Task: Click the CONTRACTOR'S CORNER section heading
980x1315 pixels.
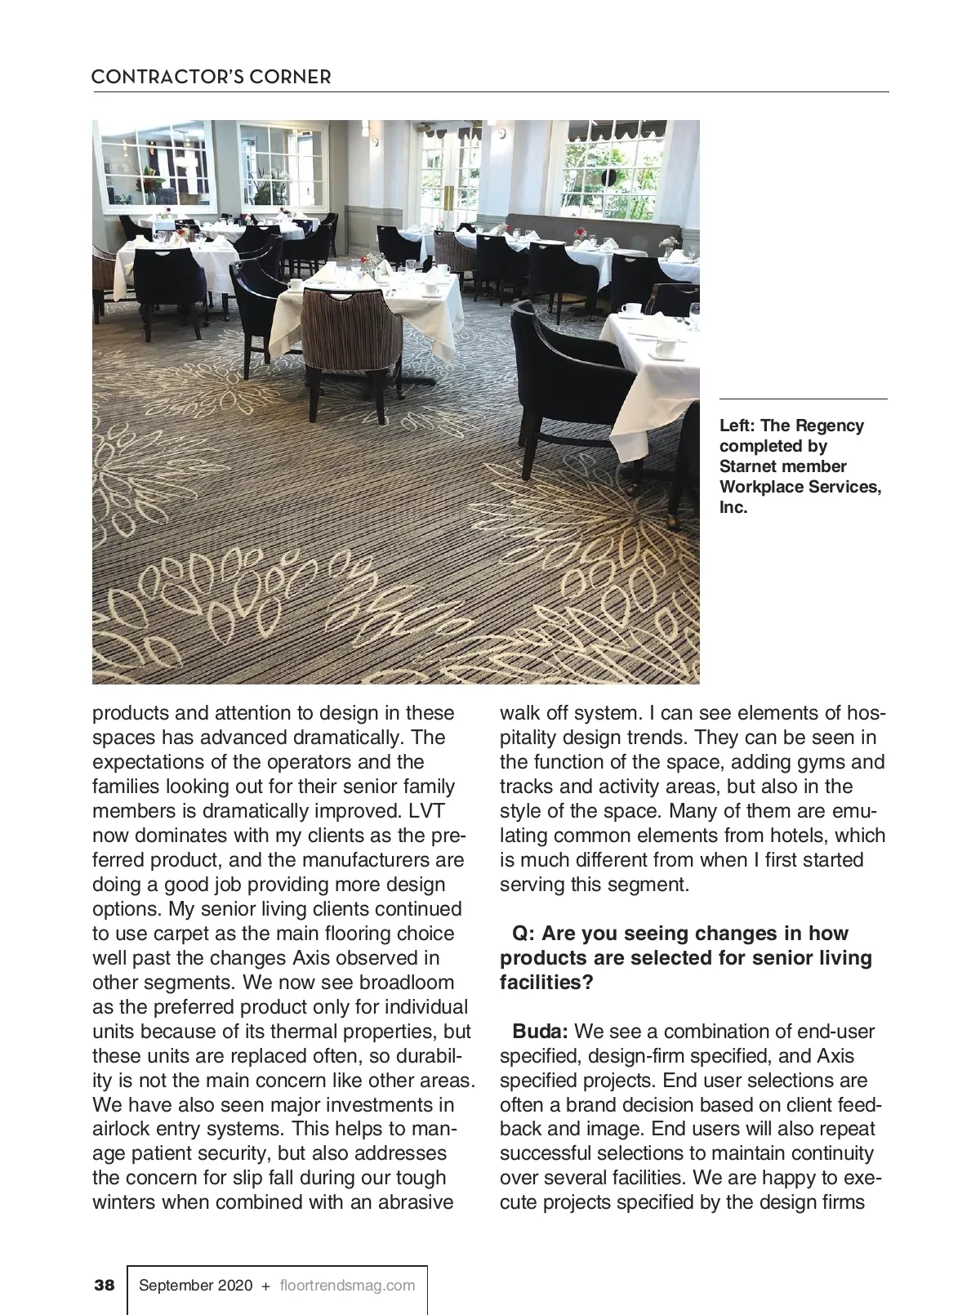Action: (x=211, y=78)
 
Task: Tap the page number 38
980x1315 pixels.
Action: (x=105, y=1285)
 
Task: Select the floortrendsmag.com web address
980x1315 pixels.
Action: (x=347, y=1285)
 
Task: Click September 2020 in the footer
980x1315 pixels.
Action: (x=196, y=1285)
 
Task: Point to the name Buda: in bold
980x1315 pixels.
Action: (x=540, y=1032)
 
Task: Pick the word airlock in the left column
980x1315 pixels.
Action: (x=123, y=1130)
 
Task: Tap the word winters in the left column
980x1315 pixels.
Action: (x=125, y=1203)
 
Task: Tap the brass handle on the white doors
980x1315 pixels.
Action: (x=447, y=195)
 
